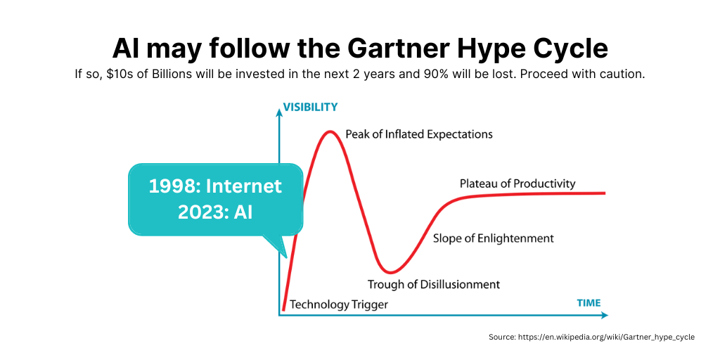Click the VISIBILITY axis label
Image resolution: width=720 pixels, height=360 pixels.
click(310, 107)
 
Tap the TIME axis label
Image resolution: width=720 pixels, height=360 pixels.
click(589, 303)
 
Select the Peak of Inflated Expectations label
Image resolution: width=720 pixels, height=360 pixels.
click(419, 134)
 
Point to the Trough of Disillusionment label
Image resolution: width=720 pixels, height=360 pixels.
click(433, 284)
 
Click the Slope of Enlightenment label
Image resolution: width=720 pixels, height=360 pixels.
click(494, 238)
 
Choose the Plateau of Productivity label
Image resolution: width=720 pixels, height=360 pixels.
click(517, 184)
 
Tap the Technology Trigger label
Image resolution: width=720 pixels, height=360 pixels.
click(339, 304)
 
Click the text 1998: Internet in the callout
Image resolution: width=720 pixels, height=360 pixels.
click(215, 186)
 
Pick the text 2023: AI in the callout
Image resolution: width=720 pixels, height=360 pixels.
click(215, 212)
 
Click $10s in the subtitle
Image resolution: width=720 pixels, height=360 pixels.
click(117, 74)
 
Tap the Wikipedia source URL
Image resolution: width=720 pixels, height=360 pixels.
click(606, 337)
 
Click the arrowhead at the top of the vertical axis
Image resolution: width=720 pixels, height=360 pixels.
click(278, 113)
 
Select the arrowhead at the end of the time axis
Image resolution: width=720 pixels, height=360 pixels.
click(603, 316)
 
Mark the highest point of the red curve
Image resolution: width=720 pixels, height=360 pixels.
click(329, 132)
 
